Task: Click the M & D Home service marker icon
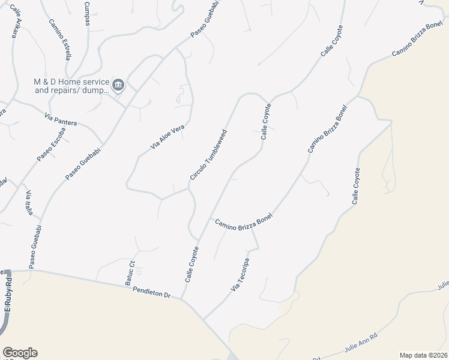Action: [118, 85]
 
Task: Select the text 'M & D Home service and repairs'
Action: [71, 86]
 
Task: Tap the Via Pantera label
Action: [61, 118]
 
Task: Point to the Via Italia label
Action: [28, 203]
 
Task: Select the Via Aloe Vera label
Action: [167, 137]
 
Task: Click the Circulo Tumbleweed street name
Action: [208, 154]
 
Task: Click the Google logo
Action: [20, 353]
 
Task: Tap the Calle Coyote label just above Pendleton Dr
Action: [191, 265]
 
